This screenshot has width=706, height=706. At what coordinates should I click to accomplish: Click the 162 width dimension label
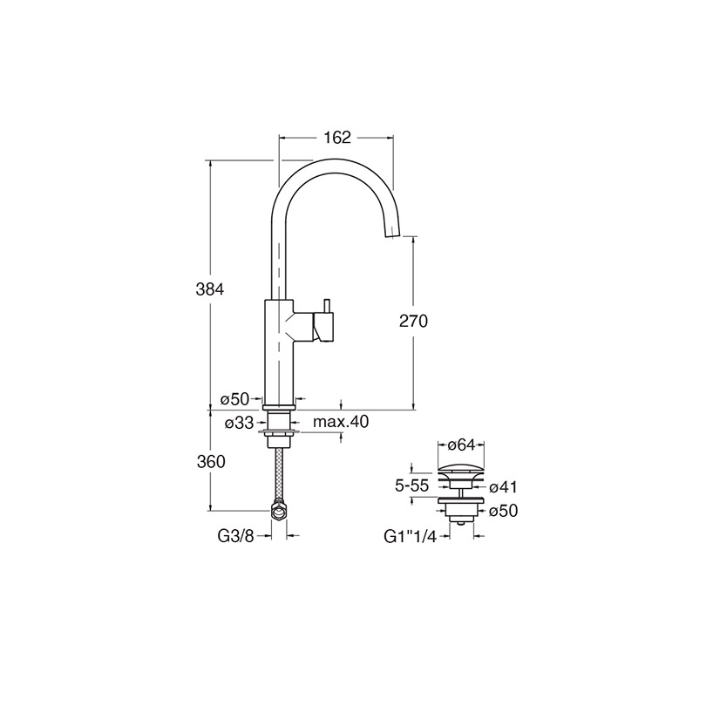(337, 138)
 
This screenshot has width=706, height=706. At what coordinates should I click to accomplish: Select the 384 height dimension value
(210, 289)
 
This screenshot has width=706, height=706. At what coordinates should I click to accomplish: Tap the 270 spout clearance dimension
(413, 321)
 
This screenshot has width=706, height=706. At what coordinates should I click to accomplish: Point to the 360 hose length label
(211, 462)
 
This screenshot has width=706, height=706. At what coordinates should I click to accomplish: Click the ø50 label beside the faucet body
(234, 399)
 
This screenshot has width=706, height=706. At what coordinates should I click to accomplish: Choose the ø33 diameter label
(239, 424)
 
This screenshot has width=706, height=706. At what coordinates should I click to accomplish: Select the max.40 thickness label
(341, 422)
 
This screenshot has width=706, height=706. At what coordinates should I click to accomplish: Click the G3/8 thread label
(236, 536)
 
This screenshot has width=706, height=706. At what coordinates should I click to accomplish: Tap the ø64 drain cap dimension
(461, 445)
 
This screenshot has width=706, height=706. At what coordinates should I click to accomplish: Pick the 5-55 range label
(412, 485)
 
